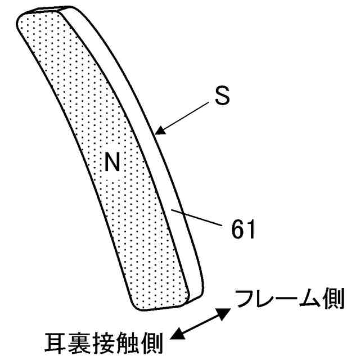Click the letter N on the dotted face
click(112, 163)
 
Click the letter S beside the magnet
click(222, 96)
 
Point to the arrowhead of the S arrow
click(159, 131)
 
